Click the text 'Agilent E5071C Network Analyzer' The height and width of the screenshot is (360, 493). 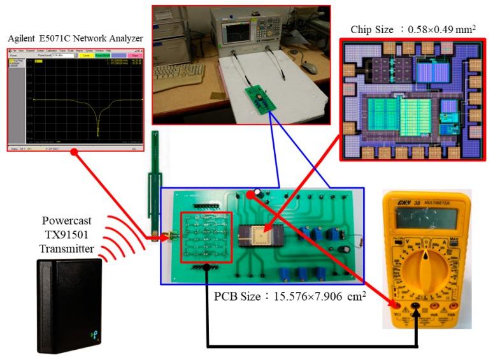pyautogui.click(x=75, y=38)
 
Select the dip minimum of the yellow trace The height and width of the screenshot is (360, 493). pyautogui.click(x=98, y=130)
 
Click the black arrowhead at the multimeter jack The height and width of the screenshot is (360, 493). pyautogui.click(x=417, y=314)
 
